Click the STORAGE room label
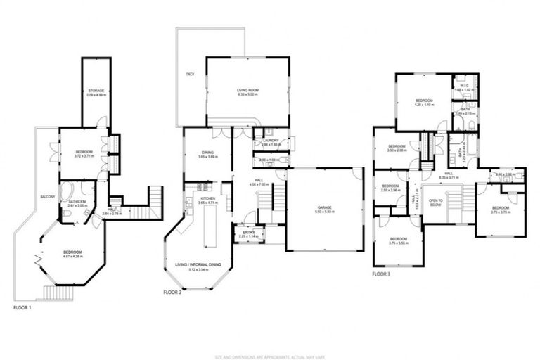tap(96, 90)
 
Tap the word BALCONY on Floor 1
tap(48, 196)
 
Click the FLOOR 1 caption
tap(24, 307)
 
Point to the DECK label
tap(191, 73)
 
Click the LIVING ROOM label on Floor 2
tap(247, 91)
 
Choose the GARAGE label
tap(324, 208)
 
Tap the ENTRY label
tap(249, 232)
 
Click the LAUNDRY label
tap(271, 140)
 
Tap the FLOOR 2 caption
tap(173, 292)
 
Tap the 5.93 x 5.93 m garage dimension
tap(324, 212)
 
